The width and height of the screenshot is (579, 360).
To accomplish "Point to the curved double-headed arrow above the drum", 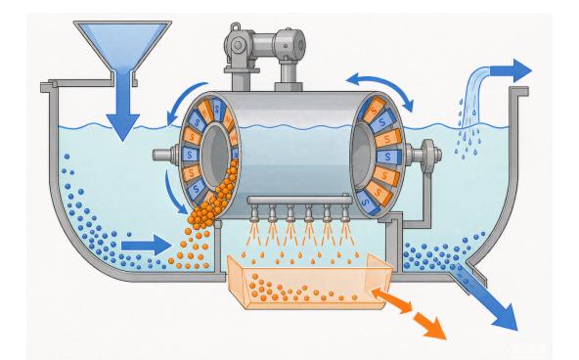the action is pyautogui.click(x=379, y=83).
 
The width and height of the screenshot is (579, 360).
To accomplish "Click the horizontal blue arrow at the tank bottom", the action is pyautogui.click(x=147, y=246).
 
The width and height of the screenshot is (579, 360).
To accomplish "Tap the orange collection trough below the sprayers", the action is pyautogui.click(x=309, y=282).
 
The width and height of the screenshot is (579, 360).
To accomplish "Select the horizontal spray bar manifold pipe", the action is pyautogui.click(x=299, y=201).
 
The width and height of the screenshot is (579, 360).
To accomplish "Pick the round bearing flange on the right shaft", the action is pyautogui.click(x=428, y=156).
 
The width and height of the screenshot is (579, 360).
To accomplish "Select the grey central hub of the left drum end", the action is pyautogui.click(x=215, y=154).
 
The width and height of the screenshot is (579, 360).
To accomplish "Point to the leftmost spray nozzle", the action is pyautogui.click(x=255, y=213).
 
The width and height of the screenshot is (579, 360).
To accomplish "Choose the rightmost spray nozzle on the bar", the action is pyautogui.click(x=345, y=213).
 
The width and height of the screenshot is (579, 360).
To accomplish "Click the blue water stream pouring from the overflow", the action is pyautogui.click(x=474, y=97).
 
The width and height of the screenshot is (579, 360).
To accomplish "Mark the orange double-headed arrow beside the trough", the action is pyautogui.click(x=391, y=300).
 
